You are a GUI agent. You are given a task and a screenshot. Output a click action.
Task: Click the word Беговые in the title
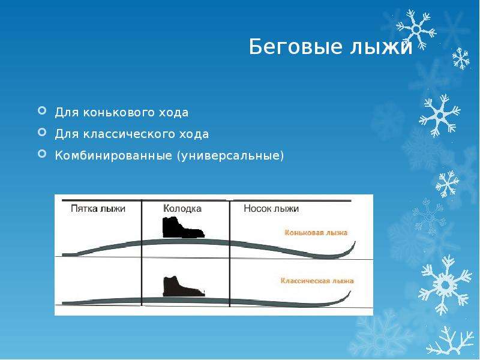click(x=295, y=47)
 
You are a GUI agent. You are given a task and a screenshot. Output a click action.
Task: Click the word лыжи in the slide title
click(x=381, y=47)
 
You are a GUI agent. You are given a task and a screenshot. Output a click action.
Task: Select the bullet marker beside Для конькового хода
click(x=42, y=110)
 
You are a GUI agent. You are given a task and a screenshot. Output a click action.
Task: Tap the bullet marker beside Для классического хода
click(x=42, y=132)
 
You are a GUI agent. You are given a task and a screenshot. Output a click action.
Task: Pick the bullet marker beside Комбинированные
click(x=42, y=154)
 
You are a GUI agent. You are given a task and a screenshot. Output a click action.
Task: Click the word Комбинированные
click(x=113, y=155)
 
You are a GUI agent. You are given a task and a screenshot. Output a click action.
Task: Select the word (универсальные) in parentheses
click(x=230, y=156)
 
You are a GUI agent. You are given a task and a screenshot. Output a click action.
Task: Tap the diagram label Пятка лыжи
click(x=98, y=208)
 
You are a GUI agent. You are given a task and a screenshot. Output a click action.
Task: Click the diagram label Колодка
click(x=182, y=208)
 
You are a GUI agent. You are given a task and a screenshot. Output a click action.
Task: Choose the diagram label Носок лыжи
click(x=271, y=208)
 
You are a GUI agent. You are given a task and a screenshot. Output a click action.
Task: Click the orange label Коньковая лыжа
click(x=316, y=233)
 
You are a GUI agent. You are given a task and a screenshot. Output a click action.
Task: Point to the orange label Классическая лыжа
click(x=317, y=281)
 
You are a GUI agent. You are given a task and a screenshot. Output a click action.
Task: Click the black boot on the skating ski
click(x=183, y=227)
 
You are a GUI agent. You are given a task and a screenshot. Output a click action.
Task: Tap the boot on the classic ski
click(x=184, y=287)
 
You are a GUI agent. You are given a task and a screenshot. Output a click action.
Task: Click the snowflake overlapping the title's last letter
click(x=416, y=29)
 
